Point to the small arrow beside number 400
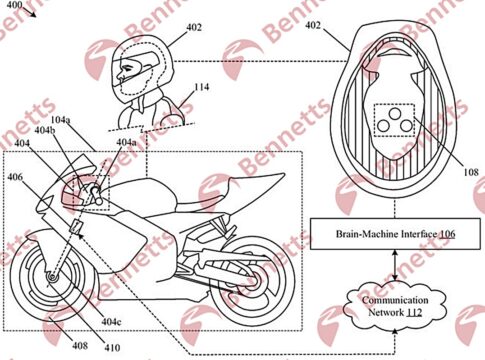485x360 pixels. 29,12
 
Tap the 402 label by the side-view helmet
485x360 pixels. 194,27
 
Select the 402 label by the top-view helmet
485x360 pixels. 313,25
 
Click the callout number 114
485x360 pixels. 202,87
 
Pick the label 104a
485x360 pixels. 61,120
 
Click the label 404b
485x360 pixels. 45,131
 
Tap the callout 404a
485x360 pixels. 126,142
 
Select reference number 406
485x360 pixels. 16,177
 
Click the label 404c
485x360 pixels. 112,322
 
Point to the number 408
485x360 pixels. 80,345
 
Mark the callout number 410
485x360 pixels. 112,348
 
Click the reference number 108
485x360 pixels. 470,172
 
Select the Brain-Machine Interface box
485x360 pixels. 395,234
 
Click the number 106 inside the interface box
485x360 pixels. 447,234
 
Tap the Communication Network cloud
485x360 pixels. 395,306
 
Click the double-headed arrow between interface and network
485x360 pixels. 395,266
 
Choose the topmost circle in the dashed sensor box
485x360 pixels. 395,114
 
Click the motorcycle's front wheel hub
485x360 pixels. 52,277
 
